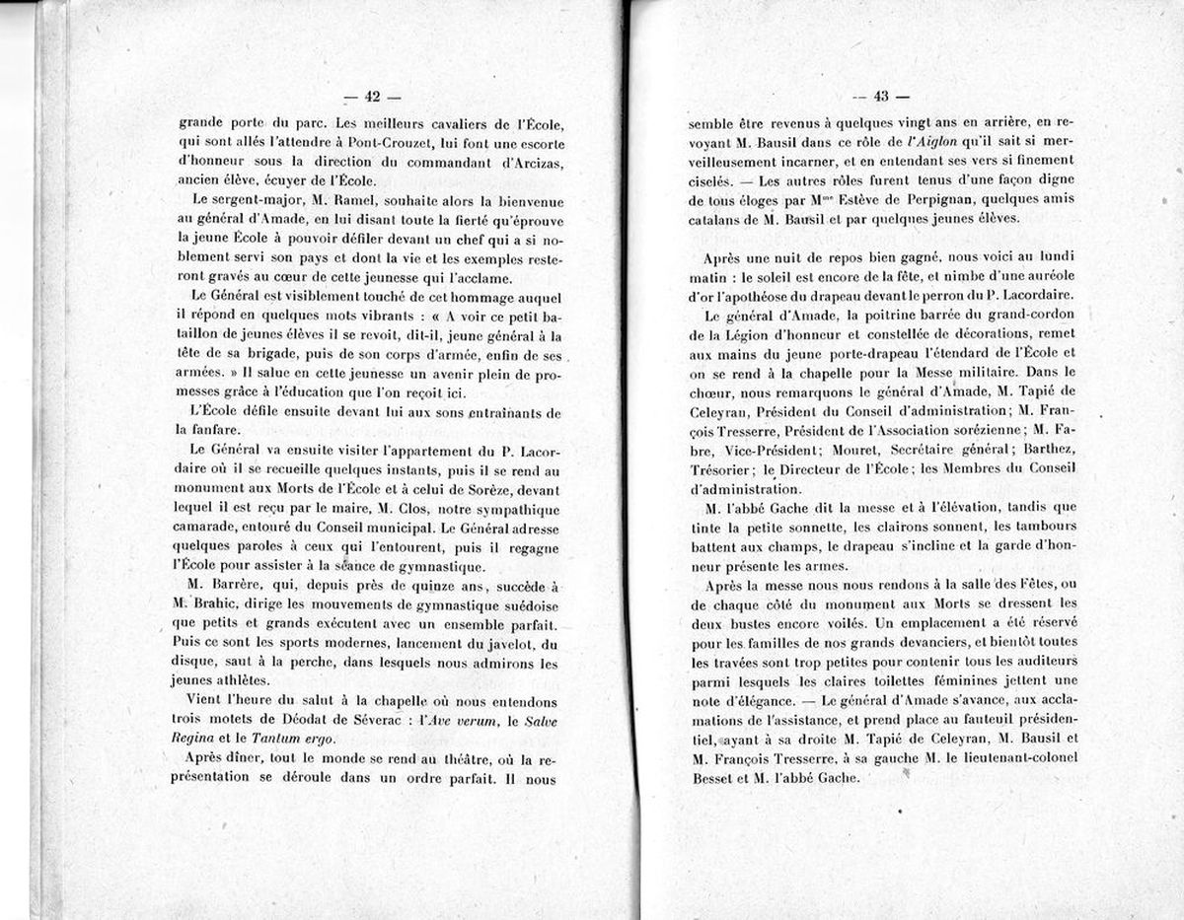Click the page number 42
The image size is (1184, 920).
[x=372, y=96]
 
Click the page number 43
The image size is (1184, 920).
[x=881, y=96]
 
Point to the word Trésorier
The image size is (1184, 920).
[x=723, y=467]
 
